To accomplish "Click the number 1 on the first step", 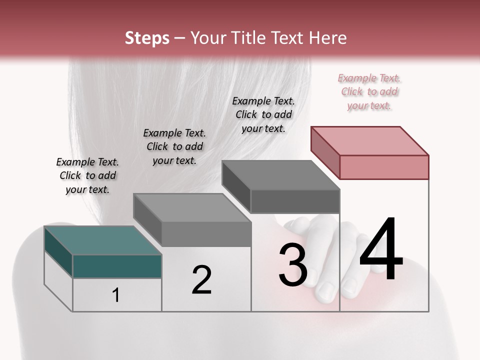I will click(116, 295).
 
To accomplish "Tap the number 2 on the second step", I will click(201, 280).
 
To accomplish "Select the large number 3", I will click(293, 264).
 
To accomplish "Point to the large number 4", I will click(381, 250).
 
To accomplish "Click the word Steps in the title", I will click(147, 38).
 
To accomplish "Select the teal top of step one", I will click(102, 240).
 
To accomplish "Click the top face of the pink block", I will click(370, 140).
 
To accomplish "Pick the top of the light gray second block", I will click(192, 207).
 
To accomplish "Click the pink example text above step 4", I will click(369, 92).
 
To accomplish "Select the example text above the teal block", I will click(87, 176).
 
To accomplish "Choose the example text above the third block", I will click(263, 115).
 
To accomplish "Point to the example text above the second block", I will click(174, 147).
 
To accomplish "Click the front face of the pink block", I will click(384, 167).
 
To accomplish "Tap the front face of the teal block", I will click(117, 266).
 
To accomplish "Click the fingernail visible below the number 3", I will click(327, 291).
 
